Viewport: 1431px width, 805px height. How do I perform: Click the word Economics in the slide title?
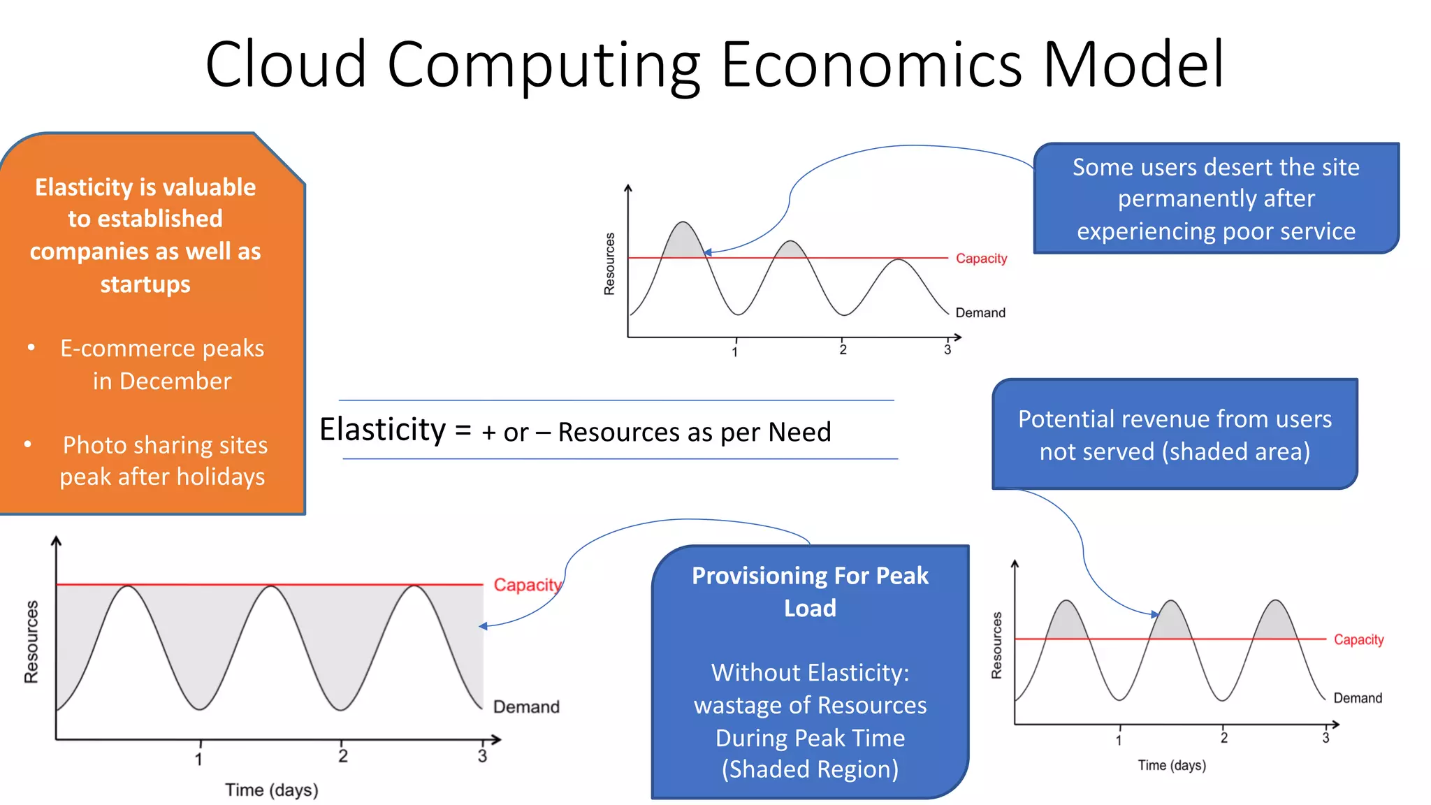[871, 64]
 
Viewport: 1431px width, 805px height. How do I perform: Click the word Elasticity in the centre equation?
[382, 430]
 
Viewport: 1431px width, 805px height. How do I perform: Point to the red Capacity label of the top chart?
[981, 259]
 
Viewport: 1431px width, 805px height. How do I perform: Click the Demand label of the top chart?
[980, 313]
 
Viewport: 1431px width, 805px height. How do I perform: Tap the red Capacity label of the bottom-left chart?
[527, 585]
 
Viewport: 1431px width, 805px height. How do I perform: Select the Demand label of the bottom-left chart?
[526, 707]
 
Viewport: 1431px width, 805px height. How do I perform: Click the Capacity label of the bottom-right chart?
[1358, 639]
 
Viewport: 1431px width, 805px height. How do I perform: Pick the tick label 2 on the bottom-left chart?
[342, 756]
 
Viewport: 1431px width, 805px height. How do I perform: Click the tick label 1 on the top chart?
[734, 352]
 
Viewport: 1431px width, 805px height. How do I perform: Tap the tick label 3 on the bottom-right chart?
[1325, 738]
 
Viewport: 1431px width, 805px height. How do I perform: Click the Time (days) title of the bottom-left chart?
[271, 790]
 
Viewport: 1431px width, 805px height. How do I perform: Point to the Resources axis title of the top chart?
[609, 263]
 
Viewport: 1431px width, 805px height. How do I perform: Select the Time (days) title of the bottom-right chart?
[1172, 765]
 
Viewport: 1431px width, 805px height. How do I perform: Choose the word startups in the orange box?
[145, 284]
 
